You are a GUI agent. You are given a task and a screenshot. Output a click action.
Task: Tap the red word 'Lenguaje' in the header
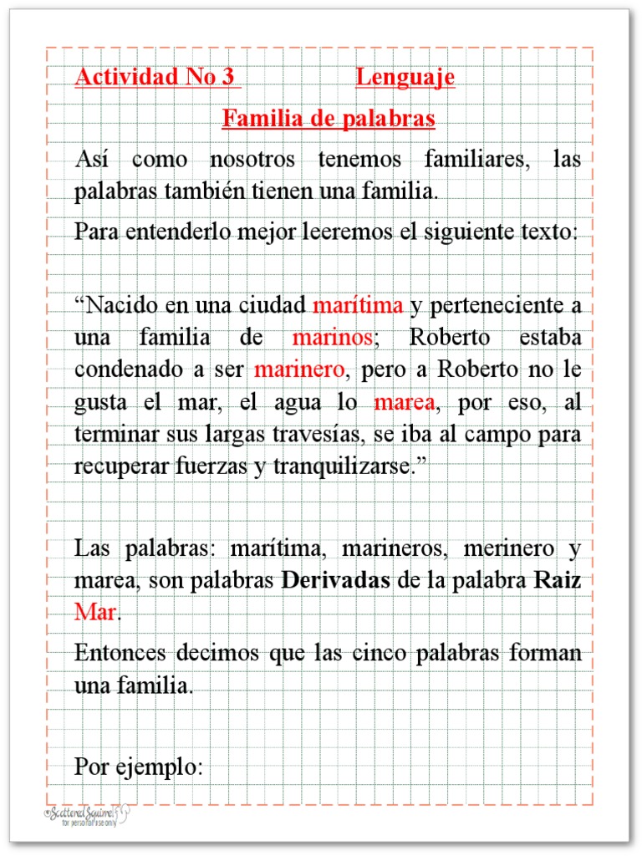point(405,78)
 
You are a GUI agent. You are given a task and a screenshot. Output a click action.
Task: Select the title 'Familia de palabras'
point(329,119)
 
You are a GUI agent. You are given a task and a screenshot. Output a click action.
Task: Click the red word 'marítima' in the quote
point(358,305)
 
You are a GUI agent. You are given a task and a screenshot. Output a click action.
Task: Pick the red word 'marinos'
point(332,339)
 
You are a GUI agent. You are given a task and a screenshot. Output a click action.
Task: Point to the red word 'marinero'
point(298,369)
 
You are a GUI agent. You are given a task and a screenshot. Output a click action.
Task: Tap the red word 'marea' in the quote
point(404,403)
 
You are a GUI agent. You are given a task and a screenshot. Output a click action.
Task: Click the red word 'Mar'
point(95,612)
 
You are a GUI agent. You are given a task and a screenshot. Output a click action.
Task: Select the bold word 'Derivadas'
point(336,581)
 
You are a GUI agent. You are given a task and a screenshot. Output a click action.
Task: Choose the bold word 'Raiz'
point(558,581)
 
